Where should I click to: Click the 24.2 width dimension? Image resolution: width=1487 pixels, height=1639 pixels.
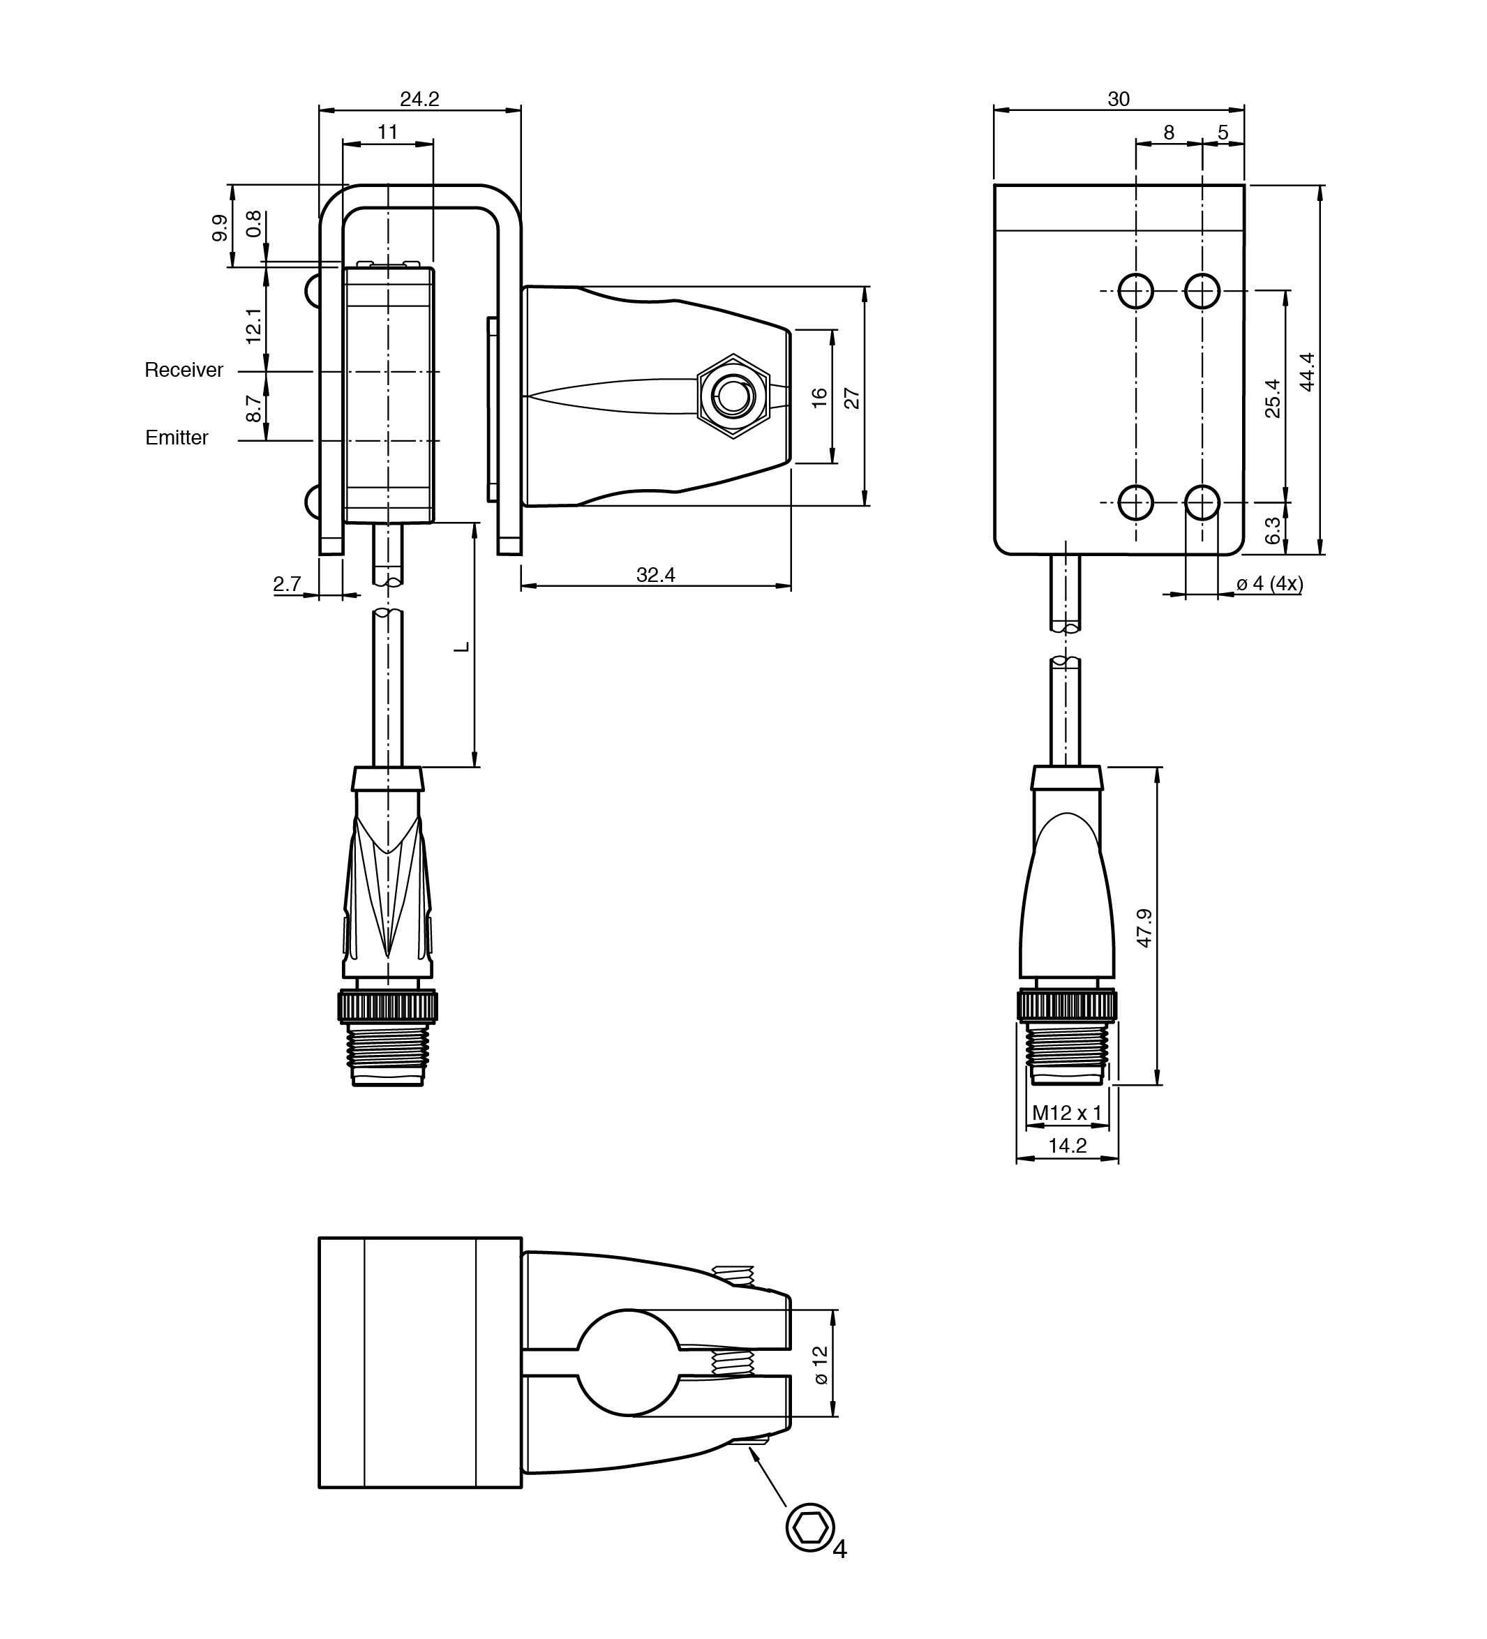pos(419,99)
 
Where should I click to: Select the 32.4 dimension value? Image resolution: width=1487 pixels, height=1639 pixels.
pos(655,575)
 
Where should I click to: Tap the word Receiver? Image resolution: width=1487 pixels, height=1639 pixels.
pos(184,370)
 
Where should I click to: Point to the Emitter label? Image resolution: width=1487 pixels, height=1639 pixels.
pos(177,437)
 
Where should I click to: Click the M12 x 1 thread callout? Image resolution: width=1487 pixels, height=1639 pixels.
pos(1067,1112)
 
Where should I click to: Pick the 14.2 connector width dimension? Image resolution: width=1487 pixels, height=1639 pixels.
pos(1068,1146)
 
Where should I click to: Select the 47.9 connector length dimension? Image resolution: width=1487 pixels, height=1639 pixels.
pos(1144,927)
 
